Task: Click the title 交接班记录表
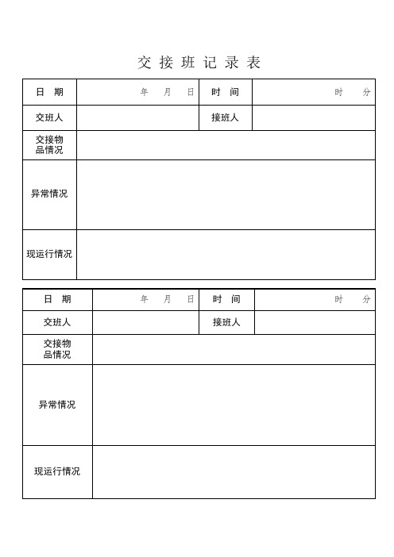click(x=199, y=63)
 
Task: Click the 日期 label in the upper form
click(x=49, y=92)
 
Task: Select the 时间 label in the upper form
click(x=226, y=92)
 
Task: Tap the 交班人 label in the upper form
click(x=49, y=117)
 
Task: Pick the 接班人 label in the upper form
click(x=226, y=117)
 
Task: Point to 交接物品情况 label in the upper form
click(x=49, y=145)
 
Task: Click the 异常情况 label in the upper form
click(x=49, y=194)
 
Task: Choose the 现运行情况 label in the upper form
click(x=49, y=254)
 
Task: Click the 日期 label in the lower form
click(x=57, y=299)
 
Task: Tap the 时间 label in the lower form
click(x=226, y=299)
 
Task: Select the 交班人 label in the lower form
click(x=57, y=322)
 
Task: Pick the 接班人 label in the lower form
click(x=226, y=322)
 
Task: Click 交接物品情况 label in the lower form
click(x=57, y=349)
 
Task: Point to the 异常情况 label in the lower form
click(x=57, y=405)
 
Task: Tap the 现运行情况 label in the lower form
click(x=57, y=471)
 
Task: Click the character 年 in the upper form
click(x=145, y=92)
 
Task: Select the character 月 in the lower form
click(x=168, y=299)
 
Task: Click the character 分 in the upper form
click(x=366, y=92)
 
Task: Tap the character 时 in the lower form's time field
click(x=339, y=299)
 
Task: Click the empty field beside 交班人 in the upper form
click(x=137, y=117)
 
